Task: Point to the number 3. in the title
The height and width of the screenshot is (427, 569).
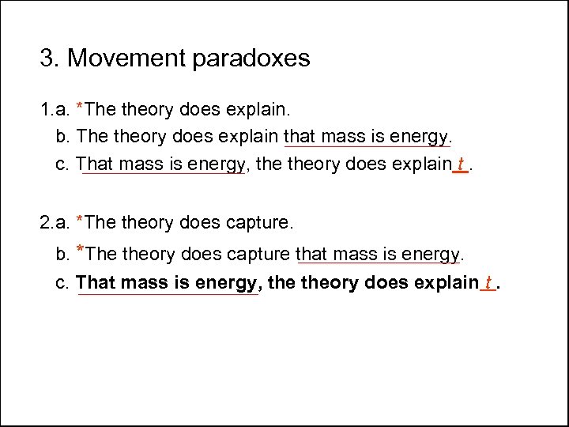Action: point(50,59)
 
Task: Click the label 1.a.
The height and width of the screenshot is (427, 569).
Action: point(55,108)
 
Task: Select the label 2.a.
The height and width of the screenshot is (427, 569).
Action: point(55,223)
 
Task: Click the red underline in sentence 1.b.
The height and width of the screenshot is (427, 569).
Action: point(367,146)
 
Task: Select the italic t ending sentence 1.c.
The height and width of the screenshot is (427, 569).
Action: point(461,164)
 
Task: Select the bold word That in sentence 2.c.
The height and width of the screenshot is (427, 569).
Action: point(96,282)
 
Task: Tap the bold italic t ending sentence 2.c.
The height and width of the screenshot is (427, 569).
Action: point(489,282)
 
